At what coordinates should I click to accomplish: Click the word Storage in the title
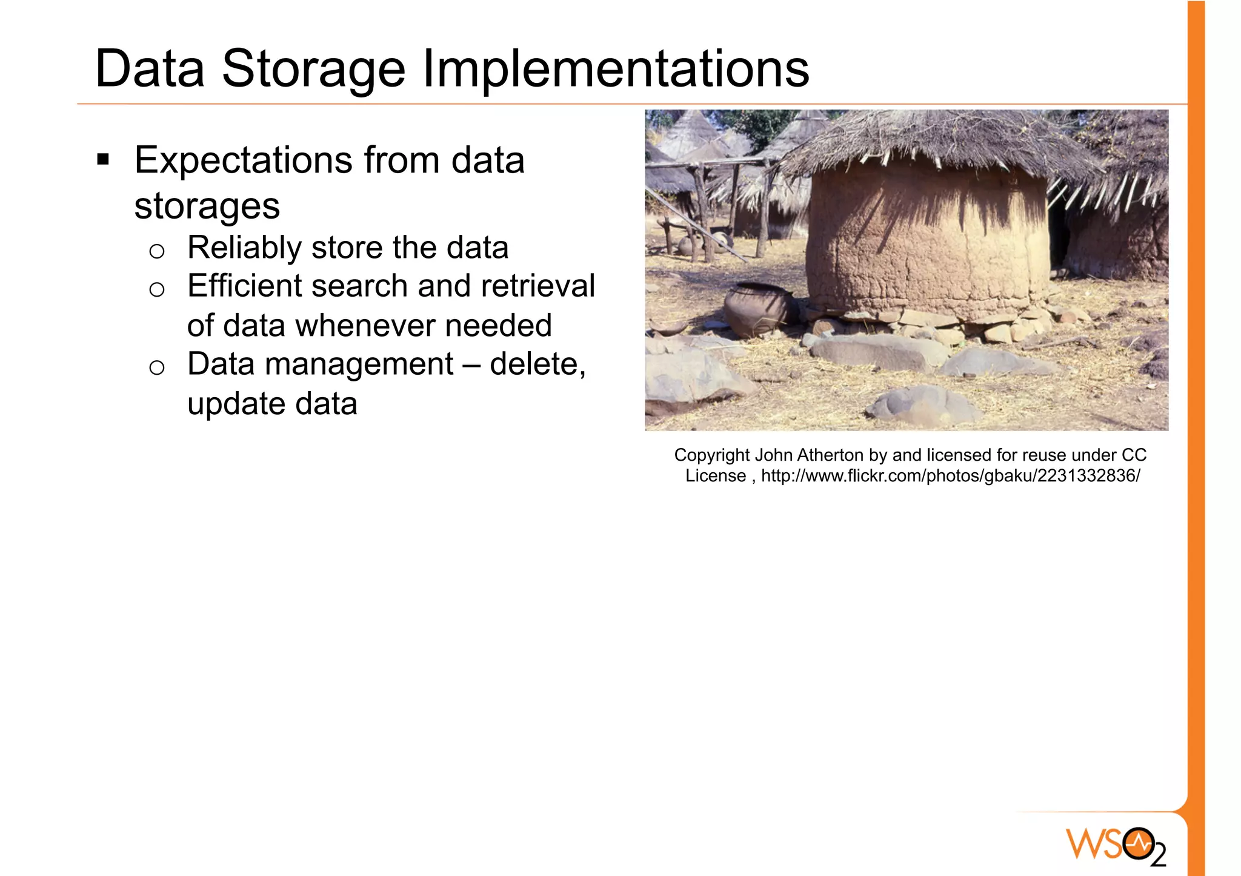pyautogui.click(x=313, y=69)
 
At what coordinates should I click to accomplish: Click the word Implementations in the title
pyautogui.click(x=615, y=69)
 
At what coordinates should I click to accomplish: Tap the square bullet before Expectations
pyautogui.click(x=103, y=160)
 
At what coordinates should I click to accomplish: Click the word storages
pyautogui.click(x=207, y=206)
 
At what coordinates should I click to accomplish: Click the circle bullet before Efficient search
pyautogui.click(x=157, y=289)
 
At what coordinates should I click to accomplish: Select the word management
pyautogui.click(x=359, y=364)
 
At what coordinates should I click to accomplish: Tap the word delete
pyautogui.click(x=537, y=364)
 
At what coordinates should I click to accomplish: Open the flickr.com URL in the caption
pyautogui.click(x=950, y=476)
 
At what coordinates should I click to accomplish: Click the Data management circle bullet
pyautogui.click(x=157, y=367)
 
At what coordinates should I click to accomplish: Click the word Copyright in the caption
pyautogui.click(x=712, y=455)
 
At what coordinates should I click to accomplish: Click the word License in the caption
pyautogui.click(x=715, y=476)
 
